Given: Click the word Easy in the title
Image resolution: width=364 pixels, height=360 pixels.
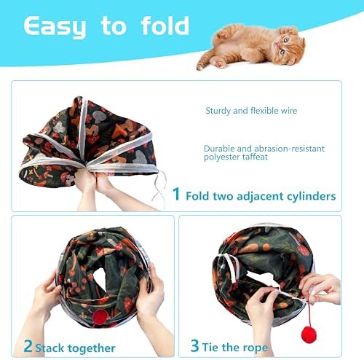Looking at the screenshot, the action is pyautogui.click(x=55, y=27).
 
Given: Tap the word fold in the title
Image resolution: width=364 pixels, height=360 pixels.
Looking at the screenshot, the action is pyautogui.click(x=165, y=26).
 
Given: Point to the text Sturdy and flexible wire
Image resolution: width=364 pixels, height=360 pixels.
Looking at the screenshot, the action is pyautogui.click(x=251, y=111).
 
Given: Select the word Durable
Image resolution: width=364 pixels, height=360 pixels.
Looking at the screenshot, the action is pyautogui.click(x=219, y=149).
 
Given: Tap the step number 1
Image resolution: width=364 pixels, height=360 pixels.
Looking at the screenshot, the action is pyautogui.click(x=176, y=194).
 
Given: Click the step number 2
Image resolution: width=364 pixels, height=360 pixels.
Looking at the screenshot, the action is pyautogui.click(x=28, y=346).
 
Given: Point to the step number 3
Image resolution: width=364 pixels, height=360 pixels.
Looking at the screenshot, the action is pyautogui.click(x=194, y=345).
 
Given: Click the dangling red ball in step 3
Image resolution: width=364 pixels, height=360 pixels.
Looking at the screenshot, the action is pyautogui.click(x=309, y=334).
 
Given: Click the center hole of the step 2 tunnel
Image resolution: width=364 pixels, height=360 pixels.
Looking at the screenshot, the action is pyautogui.click(x=102, y=277).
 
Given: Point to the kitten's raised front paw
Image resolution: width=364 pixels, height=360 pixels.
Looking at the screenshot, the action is pyautogui.click(x=223, y=35).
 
